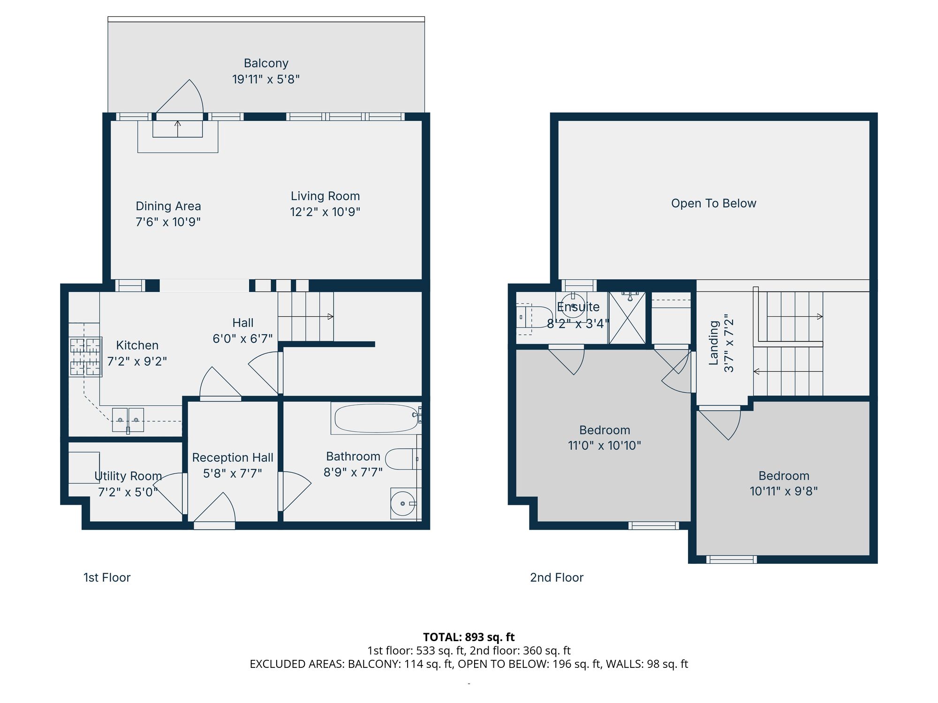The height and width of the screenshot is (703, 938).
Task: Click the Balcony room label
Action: pos(266,63)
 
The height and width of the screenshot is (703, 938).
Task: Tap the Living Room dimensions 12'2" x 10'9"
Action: pos(325,212)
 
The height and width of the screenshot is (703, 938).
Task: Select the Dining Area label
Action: pos(168,206)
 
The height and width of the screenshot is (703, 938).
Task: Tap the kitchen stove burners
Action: pos(85,357)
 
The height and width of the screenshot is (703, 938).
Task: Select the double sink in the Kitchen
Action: pos(128,420)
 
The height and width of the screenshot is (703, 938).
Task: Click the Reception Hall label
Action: pos(233,457)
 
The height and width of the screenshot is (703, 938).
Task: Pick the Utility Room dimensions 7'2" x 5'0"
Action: pos(128,492)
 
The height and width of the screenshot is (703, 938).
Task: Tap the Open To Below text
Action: pos(713,203)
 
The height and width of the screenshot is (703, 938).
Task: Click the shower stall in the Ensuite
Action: pos(627,317)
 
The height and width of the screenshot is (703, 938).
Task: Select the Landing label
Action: pos(714,343)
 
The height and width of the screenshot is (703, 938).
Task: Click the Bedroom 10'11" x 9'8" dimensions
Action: pos(784,491)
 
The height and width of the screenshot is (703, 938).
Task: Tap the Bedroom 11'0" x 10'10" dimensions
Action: pos(604,445)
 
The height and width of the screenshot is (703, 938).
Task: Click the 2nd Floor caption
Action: pos(557,577)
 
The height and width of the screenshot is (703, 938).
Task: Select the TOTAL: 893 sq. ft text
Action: pos(469,637)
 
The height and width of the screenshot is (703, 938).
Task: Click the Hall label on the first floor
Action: pos(243,323)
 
